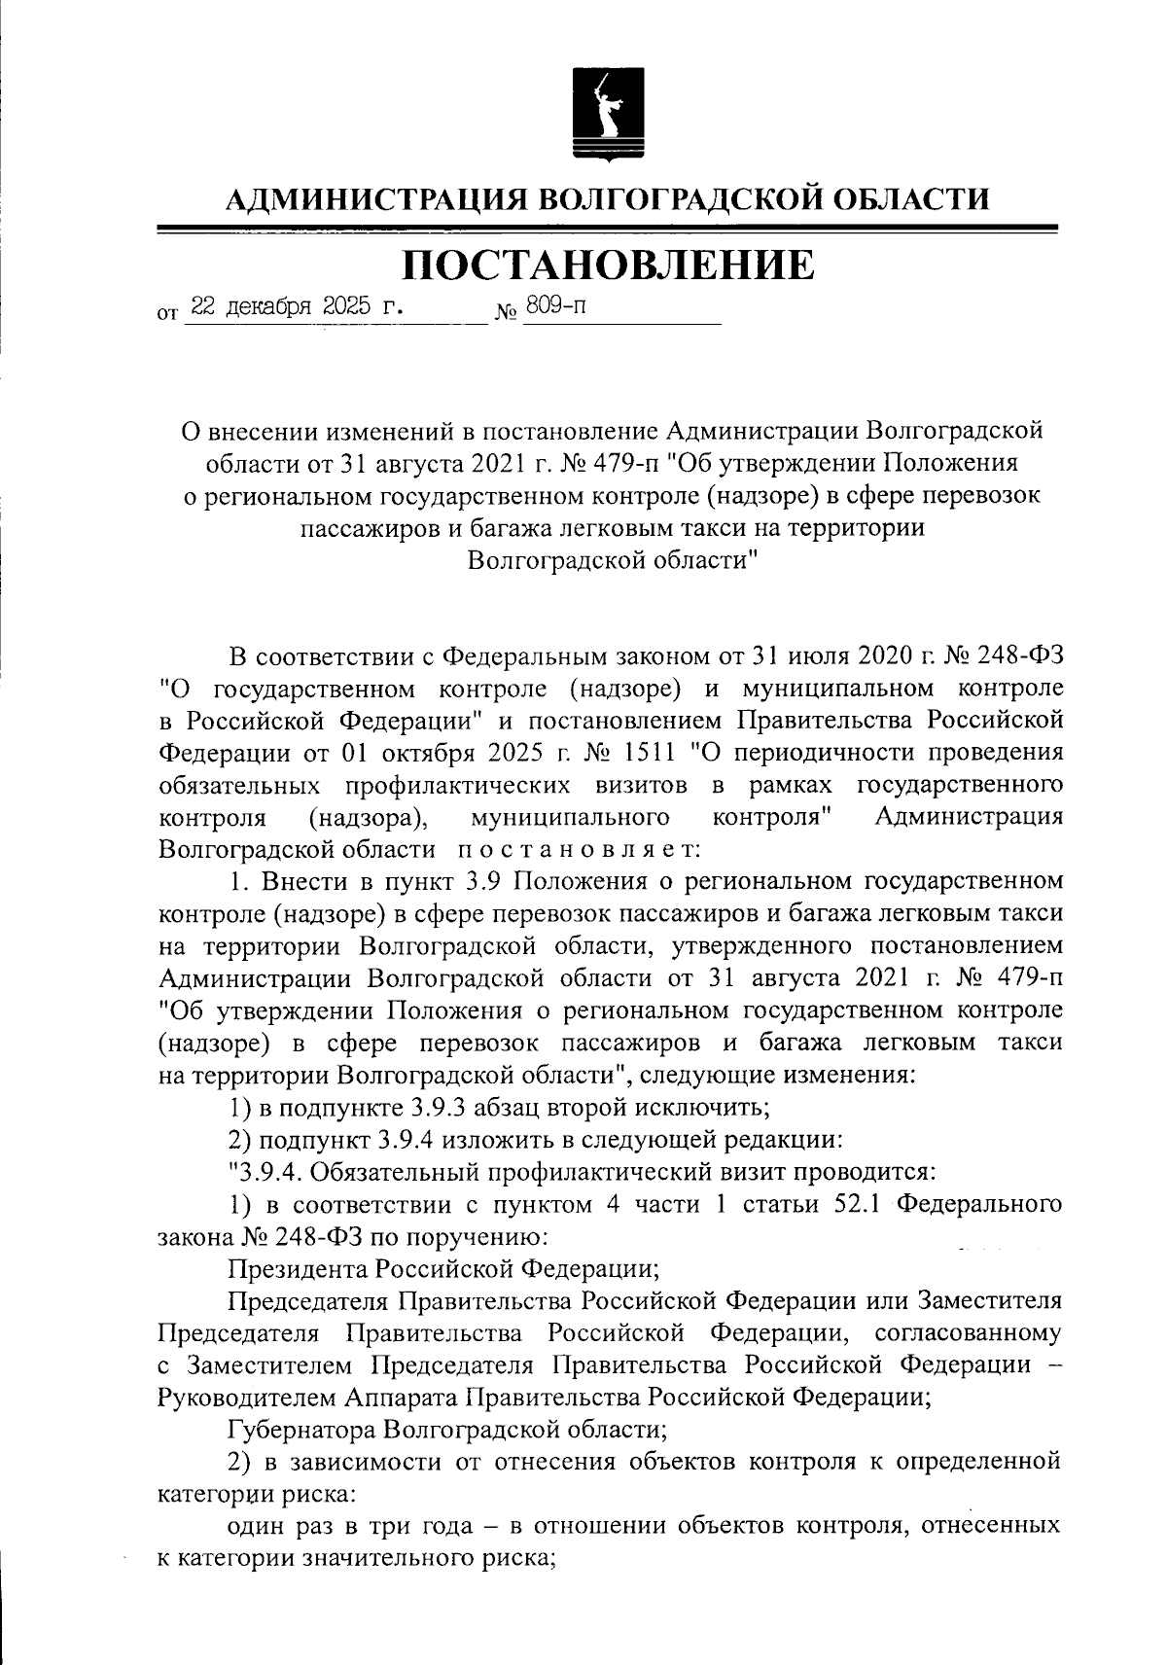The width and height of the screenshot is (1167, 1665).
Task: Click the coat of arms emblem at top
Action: (607, 116)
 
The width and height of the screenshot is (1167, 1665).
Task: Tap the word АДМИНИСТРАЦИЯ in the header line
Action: (374, 199)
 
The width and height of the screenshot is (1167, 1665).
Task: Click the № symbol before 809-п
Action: (507, 313)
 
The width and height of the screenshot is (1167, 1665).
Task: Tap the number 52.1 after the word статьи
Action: (856, 1204)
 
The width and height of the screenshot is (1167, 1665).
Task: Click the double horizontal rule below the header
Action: (607, 230)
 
